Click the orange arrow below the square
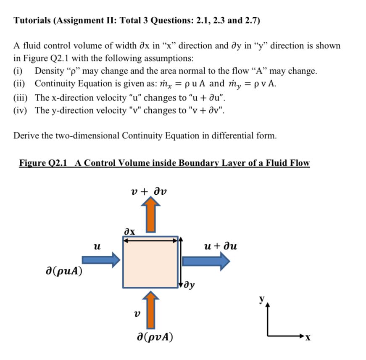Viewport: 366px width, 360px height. pyautogui.click(x=151, y=312)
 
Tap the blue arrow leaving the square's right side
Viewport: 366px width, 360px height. pyautogui.click(x=206, y=262)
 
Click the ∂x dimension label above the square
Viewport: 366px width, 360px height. pyautogui.click(x=129, y=230)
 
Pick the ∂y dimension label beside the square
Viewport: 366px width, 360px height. pyautogui.click(x=189, y=286)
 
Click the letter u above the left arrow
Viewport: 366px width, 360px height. pyautogui.click(x=97, y=247)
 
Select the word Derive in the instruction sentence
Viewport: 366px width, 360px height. pyautogui.click(x=26, y=135)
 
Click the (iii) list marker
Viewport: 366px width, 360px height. pyautogui.click(x=21, y=98)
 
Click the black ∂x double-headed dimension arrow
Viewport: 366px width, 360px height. pyautogui.click(x=150, y=241)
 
